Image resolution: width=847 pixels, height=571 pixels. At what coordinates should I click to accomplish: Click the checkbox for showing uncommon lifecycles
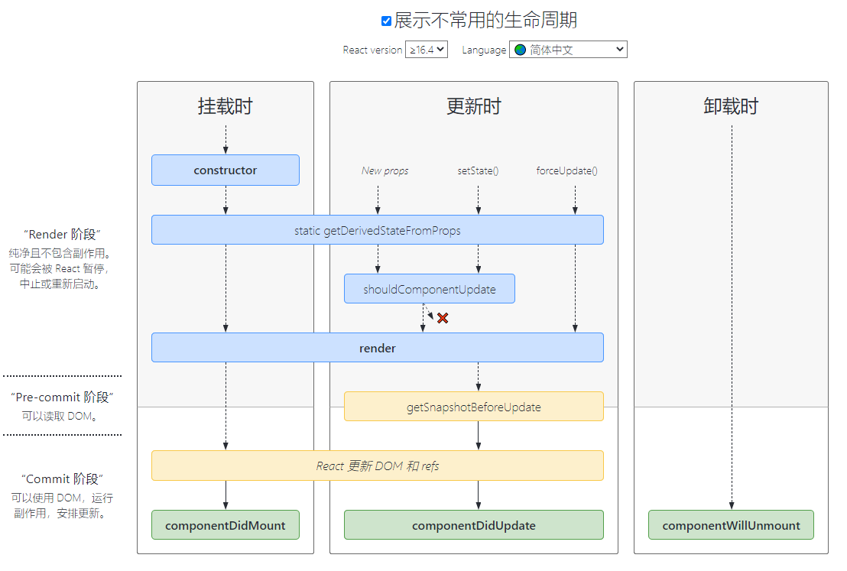pyautogui.click(x=386, y=21)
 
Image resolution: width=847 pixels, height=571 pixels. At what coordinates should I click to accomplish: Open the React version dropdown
pyautogui.click(x=427, y=50)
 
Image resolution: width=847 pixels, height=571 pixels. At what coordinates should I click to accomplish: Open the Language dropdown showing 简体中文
pyautogui.click(x=568, y=50)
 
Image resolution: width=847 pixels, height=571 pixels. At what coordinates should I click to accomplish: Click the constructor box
pyautogui.click(x=226, y=170)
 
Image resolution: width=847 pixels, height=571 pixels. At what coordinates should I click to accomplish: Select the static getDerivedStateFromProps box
pyautogui.click(x=378, y=230)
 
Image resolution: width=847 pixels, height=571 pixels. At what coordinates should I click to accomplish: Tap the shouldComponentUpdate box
pyautogui.click(x=430, y=289)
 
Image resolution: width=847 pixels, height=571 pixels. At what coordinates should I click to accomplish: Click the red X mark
pyautogui.click(x=443, y=318)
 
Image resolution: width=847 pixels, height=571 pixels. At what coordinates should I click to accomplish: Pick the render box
pyautogui.click(x=378, y=348)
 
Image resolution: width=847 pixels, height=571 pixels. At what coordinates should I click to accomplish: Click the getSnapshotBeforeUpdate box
pyautogui.click(x=474, y=407)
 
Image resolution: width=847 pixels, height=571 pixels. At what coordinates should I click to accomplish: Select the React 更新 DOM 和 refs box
pyautogui.click(x=378, y=466)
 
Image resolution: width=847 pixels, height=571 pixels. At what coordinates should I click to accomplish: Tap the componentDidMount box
pyautogui.click(x=226, y=525)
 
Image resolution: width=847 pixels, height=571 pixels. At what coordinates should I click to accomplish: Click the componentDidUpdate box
pyautogui.click(x=474, y=525)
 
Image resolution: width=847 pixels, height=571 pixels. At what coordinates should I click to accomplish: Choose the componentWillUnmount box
pyautogui.click(x=732, y=525)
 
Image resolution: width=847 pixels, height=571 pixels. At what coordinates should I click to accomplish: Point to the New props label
pyautogui.click(x=385, y=170)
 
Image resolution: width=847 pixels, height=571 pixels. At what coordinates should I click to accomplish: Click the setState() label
pyautogui.click(x=478, y=170)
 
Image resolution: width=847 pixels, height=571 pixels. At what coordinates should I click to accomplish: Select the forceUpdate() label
pyautogui.click(x=566, y=170)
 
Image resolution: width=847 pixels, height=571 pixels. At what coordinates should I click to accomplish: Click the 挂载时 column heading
pyautogui.click(x=226, y=106)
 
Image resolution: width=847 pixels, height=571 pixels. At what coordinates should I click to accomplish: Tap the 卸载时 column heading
pyautogui.click(x=731, y=106)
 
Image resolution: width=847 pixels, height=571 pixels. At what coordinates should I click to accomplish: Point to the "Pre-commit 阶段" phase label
pyautogui.click(x=62, y=397)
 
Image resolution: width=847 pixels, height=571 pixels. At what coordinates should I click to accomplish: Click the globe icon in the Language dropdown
pyautogui.click(x=520, y=50)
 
